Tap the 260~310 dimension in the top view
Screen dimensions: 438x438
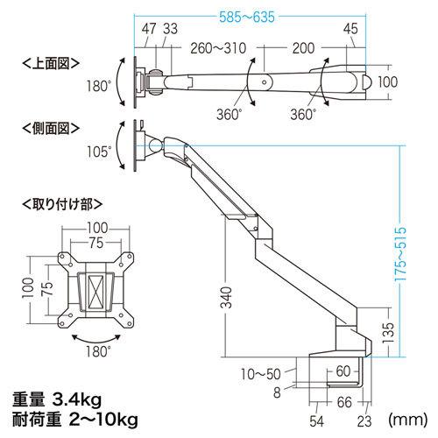(211, 46)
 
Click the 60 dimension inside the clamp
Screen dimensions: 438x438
(342, 371)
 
